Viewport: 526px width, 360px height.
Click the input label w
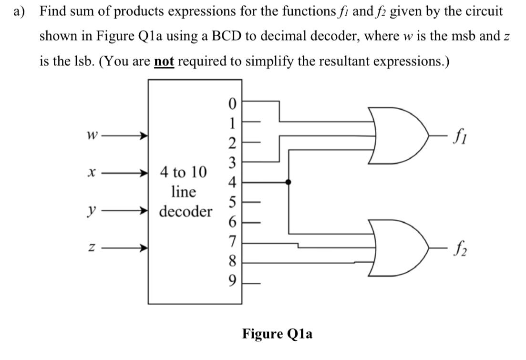pyautogui.click(x=91, y=136)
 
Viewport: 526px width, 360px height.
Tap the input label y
pyautogui.click(x=91, y=210)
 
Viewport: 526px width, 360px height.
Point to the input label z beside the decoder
pyautogui.click(x=91, y=248)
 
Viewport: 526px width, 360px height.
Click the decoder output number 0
pyautogui.click(x=232, y=103)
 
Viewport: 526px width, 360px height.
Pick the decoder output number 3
pyautogui.click(x=232, y=162)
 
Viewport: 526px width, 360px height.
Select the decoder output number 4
pyautogui.click(x=232, y=182)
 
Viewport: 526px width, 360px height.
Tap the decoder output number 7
pyautogui.click(x=232, y=242)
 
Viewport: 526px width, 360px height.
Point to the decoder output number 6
pyautogui.click(x=232, y=222)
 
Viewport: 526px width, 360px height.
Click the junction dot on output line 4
pyautogui.click(x=289, y=182)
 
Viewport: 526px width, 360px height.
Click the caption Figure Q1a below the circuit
pyautogui.click(x=277, y=333)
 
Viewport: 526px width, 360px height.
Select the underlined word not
pyautogui.click(x=164, y=62)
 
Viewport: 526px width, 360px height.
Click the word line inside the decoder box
pyautogui.click(x=184, y=192)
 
